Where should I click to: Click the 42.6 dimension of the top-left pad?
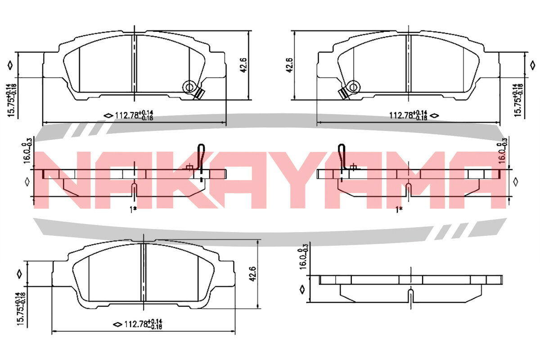point(243,65)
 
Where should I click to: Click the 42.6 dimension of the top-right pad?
point(289,65)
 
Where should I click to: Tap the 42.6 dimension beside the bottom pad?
point(252,274)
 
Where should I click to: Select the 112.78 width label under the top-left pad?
point(134,116)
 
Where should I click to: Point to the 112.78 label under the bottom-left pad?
point(143,324)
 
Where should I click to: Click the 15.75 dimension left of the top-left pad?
point(12,100)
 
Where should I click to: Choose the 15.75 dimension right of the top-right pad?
point(518,100)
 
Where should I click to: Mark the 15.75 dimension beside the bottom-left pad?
point(21,309)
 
